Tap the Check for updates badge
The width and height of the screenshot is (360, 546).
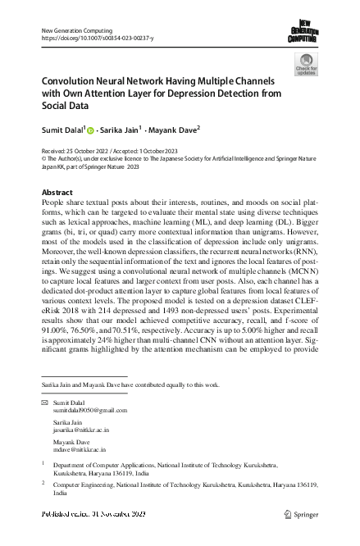tap(305, 65)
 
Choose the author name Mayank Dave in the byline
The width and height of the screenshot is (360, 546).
tap(175, 130)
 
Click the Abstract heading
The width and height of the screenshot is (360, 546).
tap(57, 192)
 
